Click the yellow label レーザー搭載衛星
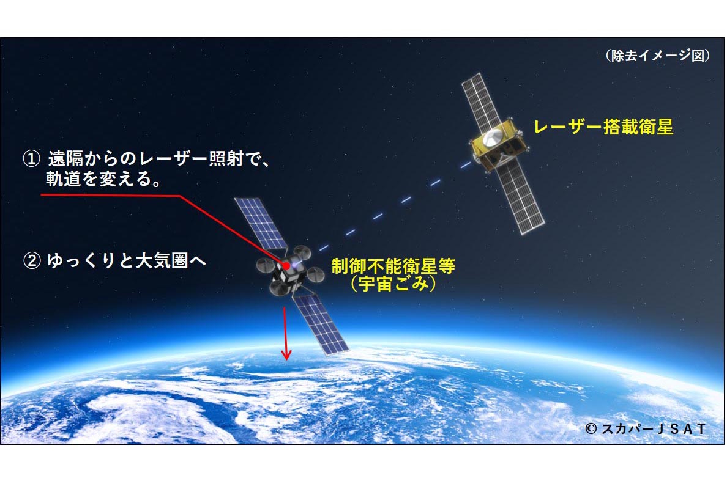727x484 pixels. [603, 127]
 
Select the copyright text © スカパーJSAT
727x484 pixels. [645, 429]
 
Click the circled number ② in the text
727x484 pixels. [31, 262]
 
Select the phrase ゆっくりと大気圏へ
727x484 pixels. [126, 262]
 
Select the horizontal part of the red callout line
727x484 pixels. [110, 196]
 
